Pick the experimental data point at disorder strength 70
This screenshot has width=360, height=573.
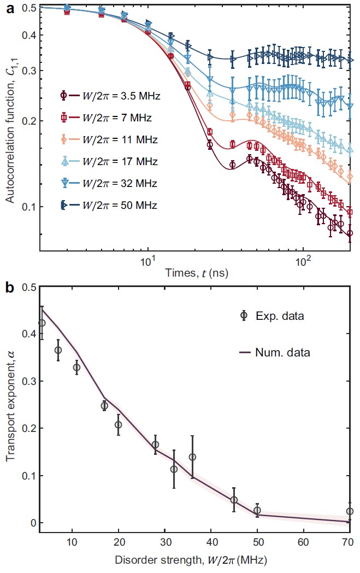coord(350,511)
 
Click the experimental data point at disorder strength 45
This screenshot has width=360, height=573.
coord(234,500)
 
